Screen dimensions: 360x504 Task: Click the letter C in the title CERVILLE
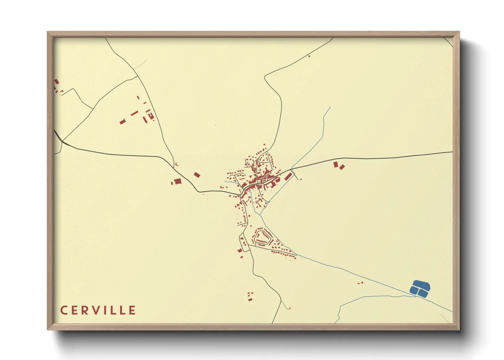tap(64, 310)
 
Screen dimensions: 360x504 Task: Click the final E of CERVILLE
tap(132, 310)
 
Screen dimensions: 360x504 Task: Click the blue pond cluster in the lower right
tap(420, 288)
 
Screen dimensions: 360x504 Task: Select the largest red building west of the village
tap(177, 181)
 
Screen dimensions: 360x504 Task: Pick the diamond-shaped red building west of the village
tap(197, 175)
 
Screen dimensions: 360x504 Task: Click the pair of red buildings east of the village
tap(339, 166)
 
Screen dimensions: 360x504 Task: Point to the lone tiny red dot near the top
tap(309, 56)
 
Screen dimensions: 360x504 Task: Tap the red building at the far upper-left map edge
tap(57, 82)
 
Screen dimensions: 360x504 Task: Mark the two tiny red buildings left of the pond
tap(360, 283)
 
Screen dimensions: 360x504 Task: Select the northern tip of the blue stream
tap(330, 108)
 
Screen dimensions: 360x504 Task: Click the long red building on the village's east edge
tap(288, 176)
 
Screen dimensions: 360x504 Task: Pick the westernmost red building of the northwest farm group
tap(123, 121)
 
